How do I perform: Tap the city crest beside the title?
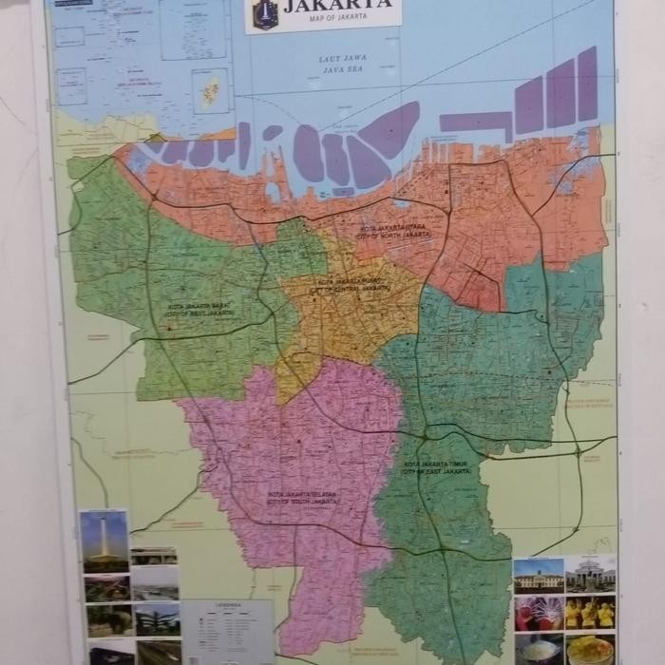[264, 13]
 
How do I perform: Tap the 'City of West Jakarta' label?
[201, 310]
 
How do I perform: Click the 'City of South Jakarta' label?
[303, 498]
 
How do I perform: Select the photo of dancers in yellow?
[590, 614]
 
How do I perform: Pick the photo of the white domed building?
[590, 574]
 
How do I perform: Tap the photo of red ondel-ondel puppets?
[538, 614]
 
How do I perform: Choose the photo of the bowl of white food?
[538, 650]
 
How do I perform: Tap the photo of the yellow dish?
[590, 651]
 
